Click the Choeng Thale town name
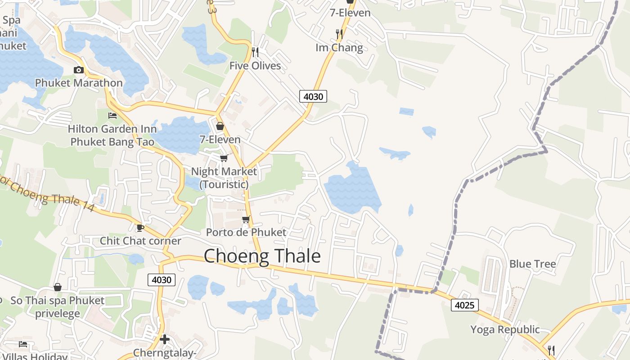tap(262, 256)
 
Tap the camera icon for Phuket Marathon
tap(79, 70)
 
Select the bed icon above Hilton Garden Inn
tap(112, 116)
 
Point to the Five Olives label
tap(255, 66)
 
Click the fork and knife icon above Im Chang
tap(339, 34)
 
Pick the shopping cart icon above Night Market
tap(224, 158)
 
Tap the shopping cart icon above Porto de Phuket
tap(246, 219)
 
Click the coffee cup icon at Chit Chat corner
tap(140, 228)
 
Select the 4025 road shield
tap(464, 305)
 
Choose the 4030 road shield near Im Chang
tap(313, 96)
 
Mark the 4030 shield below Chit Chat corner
tap(162, 280)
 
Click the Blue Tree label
tap(533, 264)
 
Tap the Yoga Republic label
tap(505, 329)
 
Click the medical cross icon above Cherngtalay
tap(165, 339)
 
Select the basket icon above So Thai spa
tap(58, 287)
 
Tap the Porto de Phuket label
tap(246, 232)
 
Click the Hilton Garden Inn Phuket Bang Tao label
tap(112, 135)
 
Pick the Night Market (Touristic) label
tap(224, 178)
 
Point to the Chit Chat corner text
tap(140, 241)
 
